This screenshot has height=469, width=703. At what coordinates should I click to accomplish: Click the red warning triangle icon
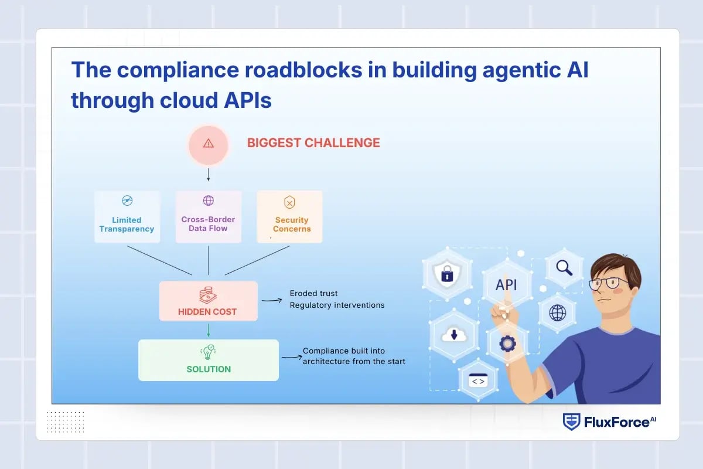coord(209,144)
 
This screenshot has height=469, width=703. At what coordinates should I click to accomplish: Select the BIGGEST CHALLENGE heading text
coord(313,142)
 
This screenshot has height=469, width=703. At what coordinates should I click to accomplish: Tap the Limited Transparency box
coord(127,216)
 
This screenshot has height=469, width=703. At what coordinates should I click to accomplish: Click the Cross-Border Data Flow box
coord(209,216)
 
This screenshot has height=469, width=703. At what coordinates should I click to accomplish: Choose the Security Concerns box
coord(290,216)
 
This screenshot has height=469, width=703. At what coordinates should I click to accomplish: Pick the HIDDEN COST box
coord(208,301)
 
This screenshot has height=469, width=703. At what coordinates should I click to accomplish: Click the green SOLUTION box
coord(209,360)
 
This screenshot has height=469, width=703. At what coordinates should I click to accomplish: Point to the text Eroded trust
coord(314,293)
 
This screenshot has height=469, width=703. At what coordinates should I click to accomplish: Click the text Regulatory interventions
coord(337,305)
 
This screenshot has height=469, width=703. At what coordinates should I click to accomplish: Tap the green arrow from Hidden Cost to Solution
coord(208,330)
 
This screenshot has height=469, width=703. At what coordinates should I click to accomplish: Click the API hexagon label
coord(507,285)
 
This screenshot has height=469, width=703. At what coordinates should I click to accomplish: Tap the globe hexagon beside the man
coord(557,312)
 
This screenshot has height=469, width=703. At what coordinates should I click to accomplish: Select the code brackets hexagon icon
coord(478,381)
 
